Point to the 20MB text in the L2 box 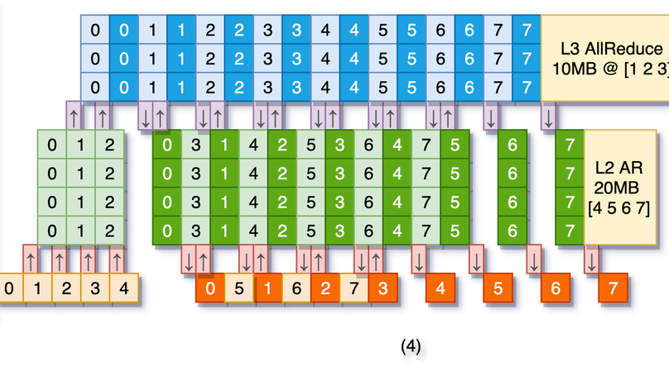tap(614, 187)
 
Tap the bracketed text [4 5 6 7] tap(614, 207)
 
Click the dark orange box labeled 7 tap(613, 290)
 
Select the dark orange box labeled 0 tap(210, 290)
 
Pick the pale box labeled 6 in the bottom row tap(296, 290)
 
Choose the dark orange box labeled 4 tap(440, 290)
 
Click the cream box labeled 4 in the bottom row tap(123, 289)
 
